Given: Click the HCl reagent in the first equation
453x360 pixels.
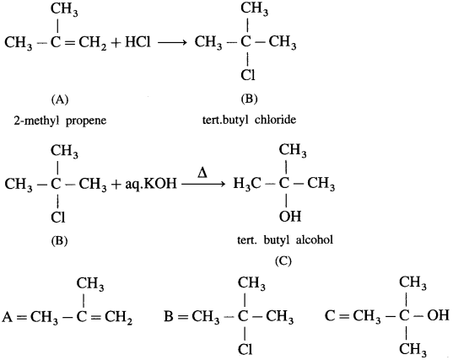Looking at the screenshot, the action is click(x=138, y=42).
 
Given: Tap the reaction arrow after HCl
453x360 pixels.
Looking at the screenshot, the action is click(x=171, y=43).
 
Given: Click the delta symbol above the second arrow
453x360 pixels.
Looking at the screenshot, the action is click(x=202, y=173).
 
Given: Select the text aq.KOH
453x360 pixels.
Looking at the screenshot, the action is click(x=150, y=184).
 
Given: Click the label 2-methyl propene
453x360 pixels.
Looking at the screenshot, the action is click(x=60, y=120).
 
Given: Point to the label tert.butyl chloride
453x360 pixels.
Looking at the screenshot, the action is click(x=249, y=119).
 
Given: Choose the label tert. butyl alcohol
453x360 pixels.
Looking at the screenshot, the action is click(x=285, y=239).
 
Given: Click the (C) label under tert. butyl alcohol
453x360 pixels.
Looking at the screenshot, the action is click(x=283, y=261).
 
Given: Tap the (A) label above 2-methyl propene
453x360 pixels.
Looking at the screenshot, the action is click(x=60, y=99).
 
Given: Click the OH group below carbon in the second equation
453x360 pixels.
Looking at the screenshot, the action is click(x=290, y=216).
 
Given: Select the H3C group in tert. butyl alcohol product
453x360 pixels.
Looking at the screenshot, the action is click(x=247, y=183).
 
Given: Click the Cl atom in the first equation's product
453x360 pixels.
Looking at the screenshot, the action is click(x=248, y=75).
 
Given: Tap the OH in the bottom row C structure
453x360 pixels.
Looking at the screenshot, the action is click(x=438, y=315).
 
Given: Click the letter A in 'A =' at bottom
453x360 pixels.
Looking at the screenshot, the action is click(x=7, y=317).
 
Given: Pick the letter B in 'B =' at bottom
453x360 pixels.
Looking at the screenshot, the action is click(x=169, y=316).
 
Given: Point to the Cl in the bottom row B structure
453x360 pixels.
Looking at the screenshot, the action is click(x=245, y=350).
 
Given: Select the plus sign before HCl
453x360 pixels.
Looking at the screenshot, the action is click(x=116, y=43).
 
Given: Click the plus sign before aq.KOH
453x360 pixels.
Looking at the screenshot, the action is click(x=116, y=185).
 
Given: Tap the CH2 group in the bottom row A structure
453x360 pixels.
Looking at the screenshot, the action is click(x=118, y=317).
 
